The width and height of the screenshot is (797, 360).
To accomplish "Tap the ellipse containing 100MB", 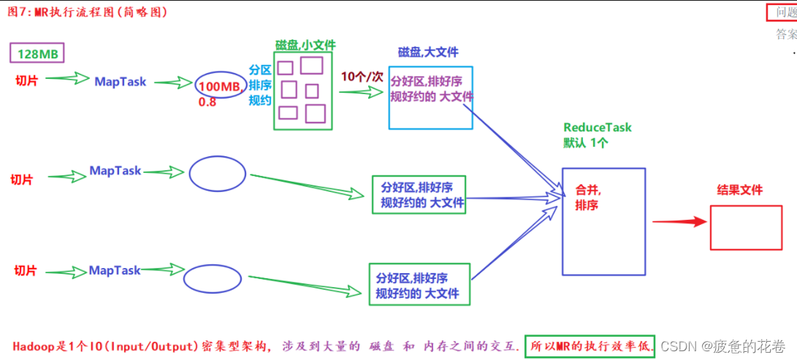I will (x=217, y=86).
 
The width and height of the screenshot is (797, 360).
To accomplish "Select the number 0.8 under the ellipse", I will (x=207, y=102).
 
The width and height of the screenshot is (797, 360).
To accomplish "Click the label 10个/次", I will (x=362, y=76).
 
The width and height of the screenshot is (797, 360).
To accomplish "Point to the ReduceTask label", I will (x=597, y=127).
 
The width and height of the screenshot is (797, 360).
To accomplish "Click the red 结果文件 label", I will (x=740, y=190).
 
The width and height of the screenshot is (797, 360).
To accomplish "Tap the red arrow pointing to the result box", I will (x=679, y=221).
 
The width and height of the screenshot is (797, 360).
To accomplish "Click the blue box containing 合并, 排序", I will (x=603, y=221).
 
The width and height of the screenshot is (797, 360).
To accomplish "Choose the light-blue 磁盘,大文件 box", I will (x=430, y=96).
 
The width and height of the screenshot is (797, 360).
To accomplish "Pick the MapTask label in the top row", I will (x=120, y=82).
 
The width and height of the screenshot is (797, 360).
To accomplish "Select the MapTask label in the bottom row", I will (x=115, y=270).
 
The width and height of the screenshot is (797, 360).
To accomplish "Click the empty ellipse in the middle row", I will (x=217, y=174).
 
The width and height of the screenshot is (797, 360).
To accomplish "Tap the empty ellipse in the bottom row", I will (x=212, y=277).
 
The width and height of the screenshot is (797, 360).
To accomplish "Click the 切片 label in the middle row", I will (x=21, y=179).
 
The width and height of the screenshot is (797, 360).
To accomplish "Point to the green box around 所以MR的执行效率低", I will (x=589, y=346).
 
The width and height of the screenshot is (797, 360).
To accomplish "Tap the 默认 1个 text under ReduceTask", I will (x=586, y=143).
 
